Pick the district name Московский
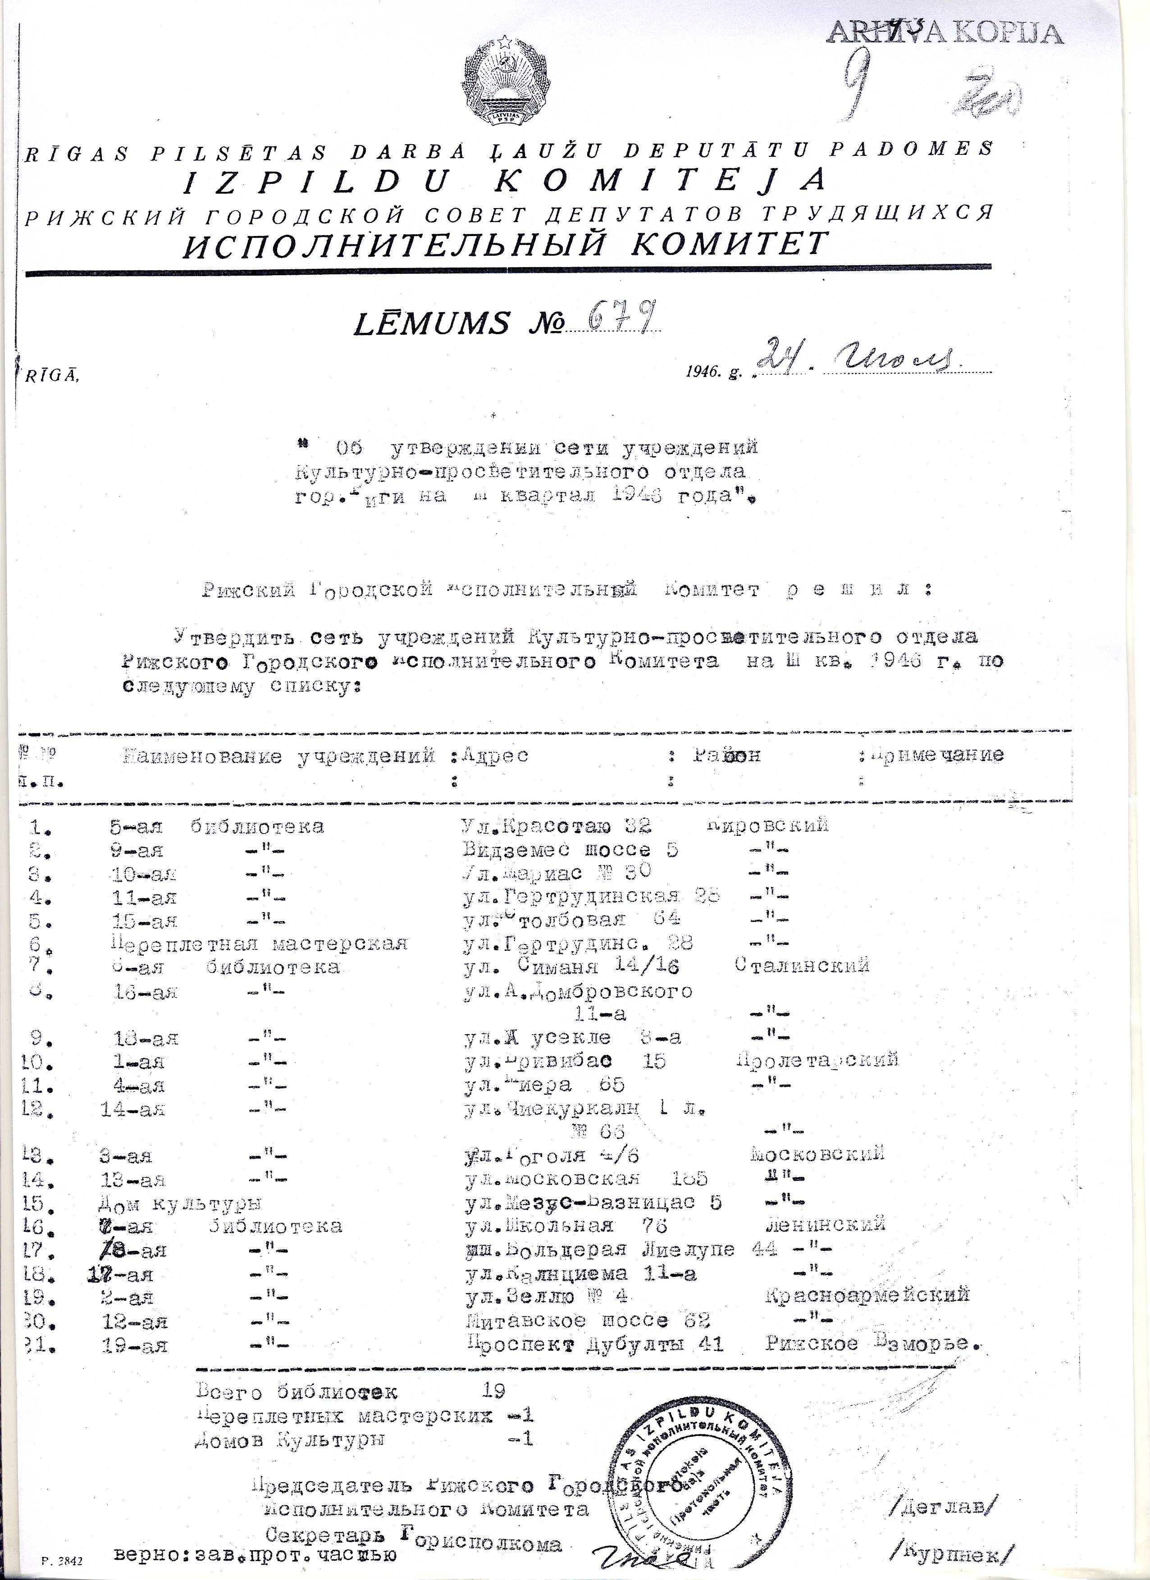tap(817, 1153)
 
